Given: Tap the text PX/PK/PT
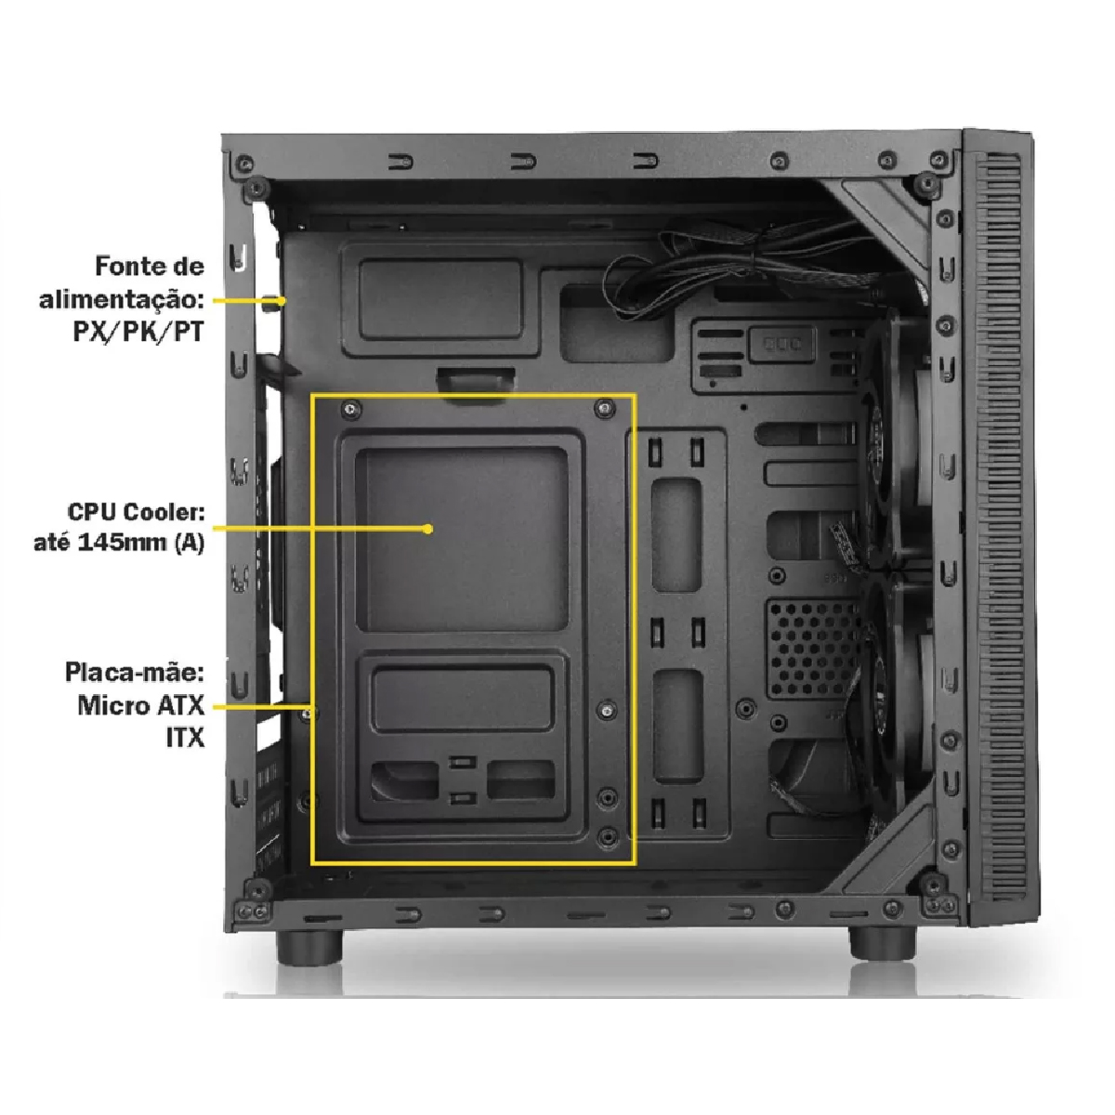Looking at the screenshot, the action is (138, 332).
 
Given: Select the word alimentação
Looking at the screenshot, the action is (122, 300).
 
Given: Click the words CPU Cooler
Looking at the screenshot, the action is (136, 512).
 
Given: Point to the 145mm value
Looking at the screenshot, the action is (122, 543).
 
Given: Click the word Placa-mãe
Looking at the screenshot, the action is (134, 673).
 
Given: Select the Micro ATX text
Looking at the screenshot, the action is (141, 705).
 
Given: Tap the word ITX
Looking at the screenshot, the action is (186, 738).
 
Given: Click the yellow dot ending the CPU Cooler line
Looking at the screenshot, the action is (427, 529).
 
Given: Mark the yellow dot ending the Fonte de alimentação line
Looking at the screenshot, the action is (281, 301).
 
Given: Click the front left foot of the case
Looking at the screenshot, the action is (309, 947).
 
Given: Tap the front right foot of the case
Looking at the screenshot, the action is (883, 943).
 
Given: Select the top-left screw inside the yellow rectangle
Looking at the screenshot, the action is (351, 409).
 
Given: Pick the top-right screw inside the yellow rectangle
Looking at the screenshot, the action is (605, 409).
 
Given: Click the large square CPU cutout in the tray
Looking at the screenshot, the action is (463, 539).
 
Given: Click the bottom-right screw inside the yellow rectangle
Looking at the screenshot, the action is (607, 837).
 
